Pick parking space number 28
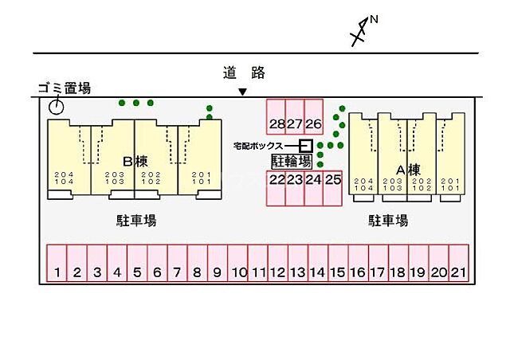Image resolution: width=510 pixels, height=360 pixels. pyautogui.click(x=276, y=123)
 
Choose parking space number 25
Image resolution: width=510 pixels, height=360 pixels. pyautogui.click(x=333, y=180)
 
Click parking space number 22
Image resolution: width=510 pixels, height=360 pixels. pyautogui.click(x=276, y=180)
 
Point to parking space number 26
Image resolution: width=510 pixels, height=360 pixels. pyautogui.click(x=313, y=123)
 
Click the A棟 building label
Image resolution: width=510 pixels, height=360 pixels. pyautogui.click(x=408, y=169)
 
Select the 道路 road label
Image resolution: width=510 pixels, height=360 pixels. pyautogui.click(x=243, y=73)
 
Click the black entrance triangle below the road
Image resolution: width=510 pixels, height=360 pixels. pyautogui.click(x=242, y=92)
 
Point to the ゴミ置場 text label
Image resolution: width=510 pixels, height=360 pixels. pyautogui.click(x=64, y=88)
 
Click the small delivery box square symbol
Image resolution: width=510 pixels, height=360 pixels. pyautogui.click(x=305, y=145)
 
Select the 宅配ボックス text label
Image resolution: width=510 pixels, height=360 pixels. pyautogui.click(x=262, y=146)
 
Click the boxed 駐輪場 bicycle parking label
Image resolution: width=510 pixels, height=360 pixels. pyautogui.click(x=291, y=161)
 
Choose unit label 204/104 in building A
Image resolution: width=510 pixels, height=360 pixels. pyautogui.click(x=364, y=184)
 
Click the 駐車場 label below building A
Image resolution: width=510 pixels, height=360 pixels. pyautogui.click(x=387, y=220)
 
